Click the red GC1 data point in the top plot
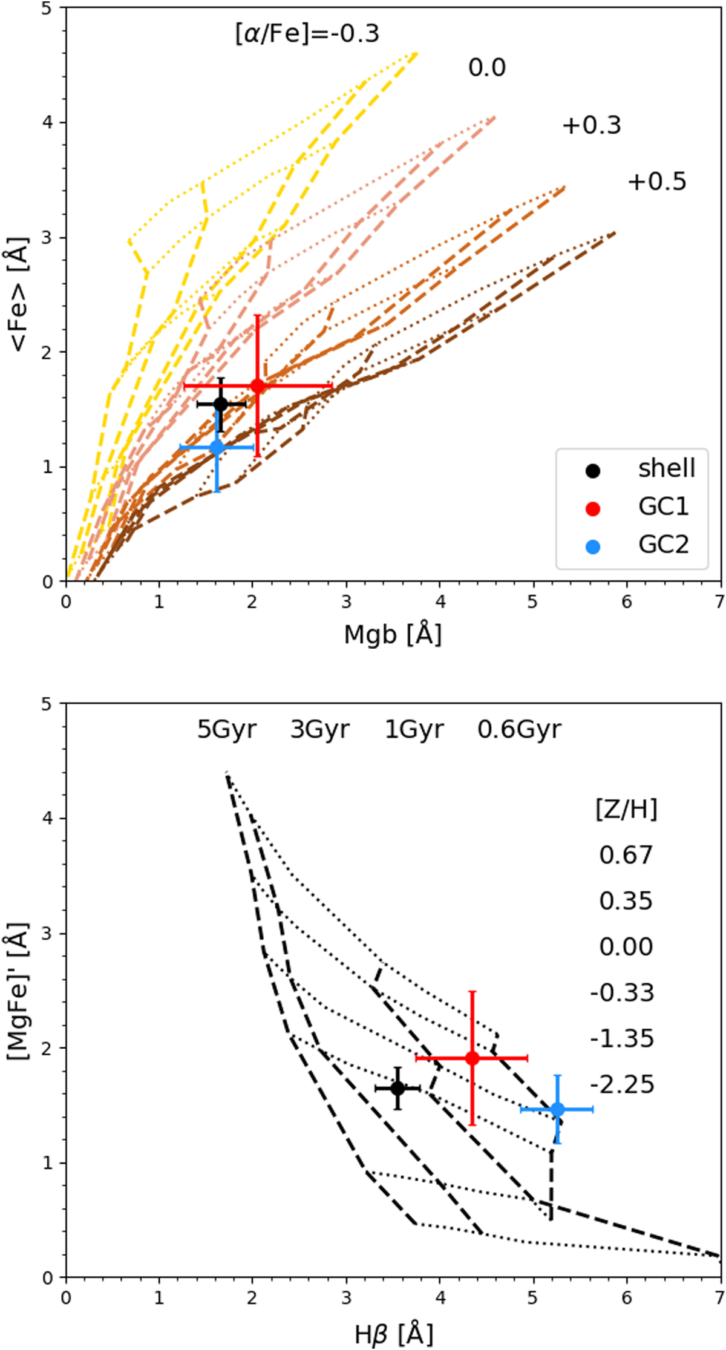pyautogui.click(x=257, y=385)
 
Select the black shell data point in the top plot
pyautogui.click(x=221, y=404)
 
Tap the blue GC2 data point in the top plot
pyautogui.click(x=217, y=448)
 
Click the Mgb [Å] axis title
pyautogui.click(x=393, y=635)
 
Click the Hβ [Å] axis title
pyautogui.click(x=394, y=1332)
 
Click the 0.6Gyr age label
pyautogui.click(x=519, y=730)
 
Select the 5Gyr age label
pyautogui.click(x=227, y=730)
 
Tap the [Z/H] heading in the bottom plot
pyautogui.click(x=626, y=809)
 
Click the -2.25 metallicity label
pyautogui.click(x=622, y=1084)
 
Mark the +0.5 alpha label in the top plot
pyautogui.click(x=656, y=182)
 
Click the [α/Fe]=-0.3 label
pyautogui.click(x=307, y=33)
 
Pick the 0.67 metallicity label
pyautogui.click(x=626, y=855)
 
